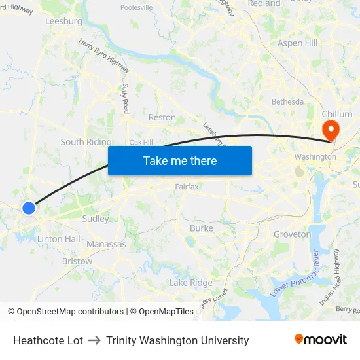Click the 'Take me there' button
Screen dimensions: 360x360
tap(180, 160)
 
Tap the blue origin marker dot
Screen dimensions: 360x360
tap(29, 208)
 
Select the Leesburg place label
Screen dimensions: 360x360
tap(63, 21)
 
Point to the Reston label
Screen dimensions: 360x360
tap(162, 117)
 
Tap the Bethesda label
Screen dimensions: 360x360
tap(287, 101)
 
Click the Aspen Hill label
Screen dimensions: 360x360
tap(297, 43)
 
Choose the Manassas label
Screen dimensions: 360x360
tap(106, 244)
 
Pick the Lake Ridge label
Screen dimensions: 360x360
tap(190, 283)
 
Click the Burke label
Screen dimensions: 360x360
tap(201, 228)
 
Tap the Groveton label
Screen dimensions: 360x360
tap(292, 234)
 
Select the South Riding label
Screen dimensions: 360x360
tap(86, 142)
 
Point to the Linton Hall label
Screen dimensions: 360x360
tap(59, 239)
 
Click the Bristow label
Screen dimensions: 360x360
tap(77, 261)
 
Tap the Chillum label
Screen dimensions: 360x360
tap(337, 114)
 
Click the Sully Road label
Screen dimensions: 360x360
tap(126, 98)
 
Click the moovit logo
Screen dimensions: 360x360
tap(320, 339)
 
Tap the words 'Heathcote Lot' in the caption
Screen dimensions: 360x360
tap(48, 340)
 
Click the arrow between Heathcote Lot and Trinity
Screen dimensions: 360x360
tap(94, 340)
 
